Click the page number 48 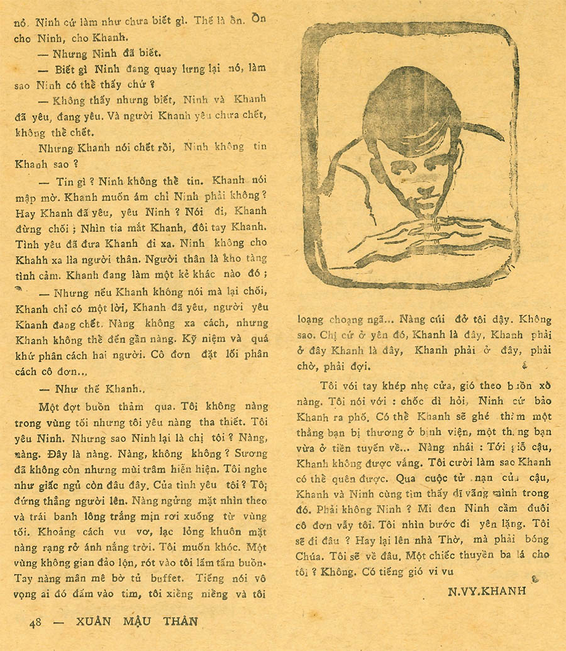point(35,622)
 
